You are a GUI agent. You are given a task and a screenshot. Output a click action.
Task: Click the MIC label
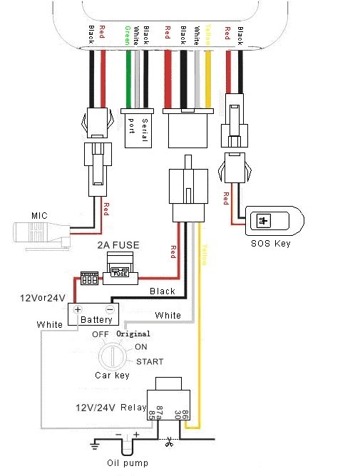click(39, 216)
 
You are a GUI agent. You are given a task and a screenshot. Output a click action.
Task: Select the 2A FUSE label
click(118, 245)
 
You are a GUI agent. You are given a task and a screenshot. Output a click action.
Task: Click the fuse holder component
click(120, 269)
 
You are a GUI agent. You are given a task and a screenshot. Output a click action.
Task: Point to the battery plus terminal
click(78, 309)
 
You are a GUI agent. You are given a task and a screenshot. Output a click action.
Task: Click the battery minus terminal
click(110, 309)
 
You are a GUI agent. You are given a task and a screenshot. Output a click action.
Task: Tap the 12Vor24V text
click(43, 298)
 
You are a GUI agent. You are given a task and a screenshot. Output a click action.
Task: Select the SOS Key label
click(271, 244)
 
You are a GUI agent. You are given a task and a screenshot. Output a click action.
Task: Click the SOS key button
click(263, 220)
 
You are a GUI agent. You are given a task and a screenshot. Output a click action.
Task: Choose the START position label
click(150, 361)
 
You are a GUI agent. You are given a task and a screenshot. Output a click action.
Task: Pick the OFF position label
click(101, 334)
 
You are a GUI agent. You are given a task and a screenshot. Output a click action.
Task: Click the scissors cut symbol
click(169, 442)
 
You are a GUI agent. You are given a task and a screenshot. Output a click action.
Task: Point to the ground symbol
click(95, 445)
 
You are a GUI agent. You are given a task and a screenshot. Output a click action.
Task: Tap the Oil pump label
click(128, 463)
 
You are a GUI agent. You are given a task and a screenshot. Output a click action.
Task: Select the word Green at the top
click(128, 36)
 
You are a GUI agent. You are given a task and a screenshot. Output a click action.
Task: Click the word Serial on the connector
click(145, 130)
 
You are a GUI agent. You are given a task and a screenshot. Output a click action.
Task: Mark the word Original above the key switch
click(133, 333)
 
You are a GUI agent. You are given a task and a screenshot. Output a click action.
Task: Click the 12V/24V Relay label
click(111, 408)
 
